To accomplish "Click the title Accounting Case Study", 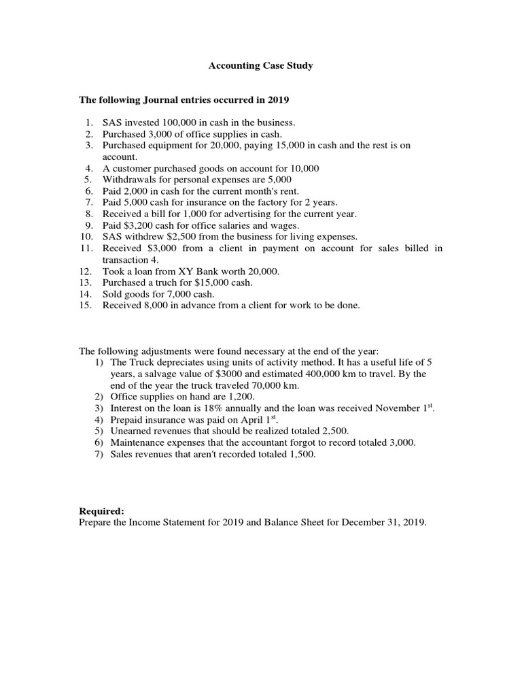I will [x=260, y=66].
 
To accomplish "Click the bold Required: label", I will [x=101, y=511].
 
